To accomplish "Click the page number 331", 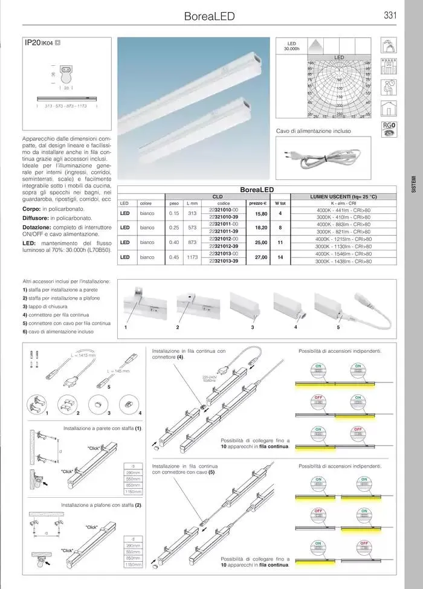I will (x=390, y=16).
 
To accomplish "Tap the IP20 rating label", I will (x=32, y=44).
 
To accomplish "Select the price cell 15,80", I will (x=261, y=213).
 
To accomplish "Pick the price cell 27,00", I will (x=261, y=257).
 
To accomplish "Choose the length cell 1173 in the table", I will (x=192, y=257).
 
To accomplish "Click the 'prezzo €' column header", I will (x=258, y=203).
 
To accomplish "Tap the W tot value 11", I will (x=280, y=242).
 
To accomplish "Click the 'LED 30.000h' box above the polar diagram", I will (x=291, y=47).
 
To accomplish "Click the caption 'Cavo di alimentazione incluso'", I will (x=313, y=131).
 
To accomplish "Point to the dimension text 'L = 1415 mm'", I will (x=82, y=356).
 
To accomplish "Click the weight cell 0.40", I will (x=174, y=242).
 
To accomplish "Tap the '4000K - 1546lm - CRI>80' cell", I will (x=343, y=254).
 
